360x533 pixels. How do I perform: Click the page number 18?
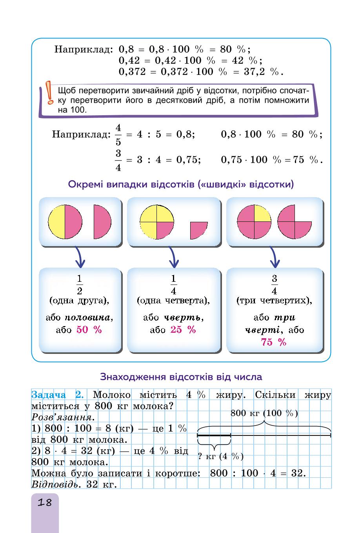click(45, 502)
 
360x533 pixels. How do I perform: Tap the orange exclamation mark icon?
click(49, 92)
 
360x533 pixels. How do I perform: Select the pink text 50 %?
click(89, 330)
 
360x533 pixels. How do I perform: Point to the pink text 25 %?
click(183, 330)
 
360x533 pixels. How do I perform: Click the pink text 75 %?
click(274, 342)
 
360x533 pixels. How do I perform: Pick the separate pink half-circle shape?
click(102, 222)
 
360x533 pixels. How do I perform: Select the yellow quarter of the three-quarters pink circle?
click(263, 213)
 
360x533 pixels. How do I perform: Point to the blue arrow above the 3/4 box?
click(275, 257)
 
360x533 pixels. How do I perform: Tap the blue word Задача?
click(49, 395)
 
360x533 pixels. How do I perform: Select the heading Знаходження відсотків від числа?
click(181, 377)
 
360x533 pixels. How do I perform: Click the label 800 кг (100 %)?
click(264, 413)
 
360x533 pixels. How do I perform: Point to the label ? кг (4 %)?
click(221, 456)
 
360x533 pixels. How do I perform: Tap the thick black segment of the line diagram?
click(214, 435)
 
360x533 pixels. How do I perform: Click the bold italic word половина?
click(87, 317)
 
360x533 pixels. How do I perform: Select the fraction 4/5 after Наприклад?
click(118, 135)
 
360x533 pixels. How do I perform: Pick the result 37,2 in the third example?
click(254, 72)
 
